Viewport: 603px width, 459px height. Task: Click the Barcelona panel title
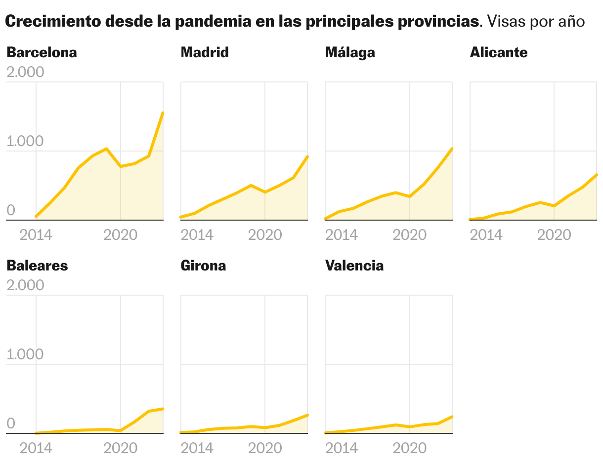point(42,52)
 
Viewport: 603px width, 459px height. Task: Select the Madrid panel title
point(205,52)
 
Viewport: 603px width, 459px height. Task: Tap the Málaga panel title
point(350,52)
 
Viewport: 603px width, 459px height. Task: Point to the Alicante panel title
point(499,52)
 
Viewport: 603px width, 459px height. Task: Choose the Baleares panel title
point(37,266)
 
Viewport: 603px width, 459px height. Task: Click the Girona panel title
point(203,266)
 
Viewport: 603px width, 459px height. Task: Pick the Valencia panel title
point(354,266)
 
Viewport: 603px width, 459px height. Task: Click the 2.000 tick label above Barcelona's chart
point(25,72)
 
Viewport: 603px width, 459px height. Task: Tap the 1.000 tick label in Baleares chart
point(25,354)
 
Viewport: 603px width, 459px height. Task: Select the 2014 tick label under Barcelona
point(36,234)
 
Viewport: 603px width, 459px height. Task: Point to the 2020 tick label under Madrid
point(265,234)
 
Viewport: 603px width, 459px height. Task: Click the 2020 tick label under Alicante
point(554,234)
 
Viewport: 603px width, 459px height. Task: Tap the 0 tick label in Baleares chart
point(10,424)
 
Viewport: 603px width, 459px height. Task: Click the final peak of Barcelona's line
point(163,113)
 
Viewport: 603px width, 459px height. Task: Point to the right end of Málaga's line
point(452,149)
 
